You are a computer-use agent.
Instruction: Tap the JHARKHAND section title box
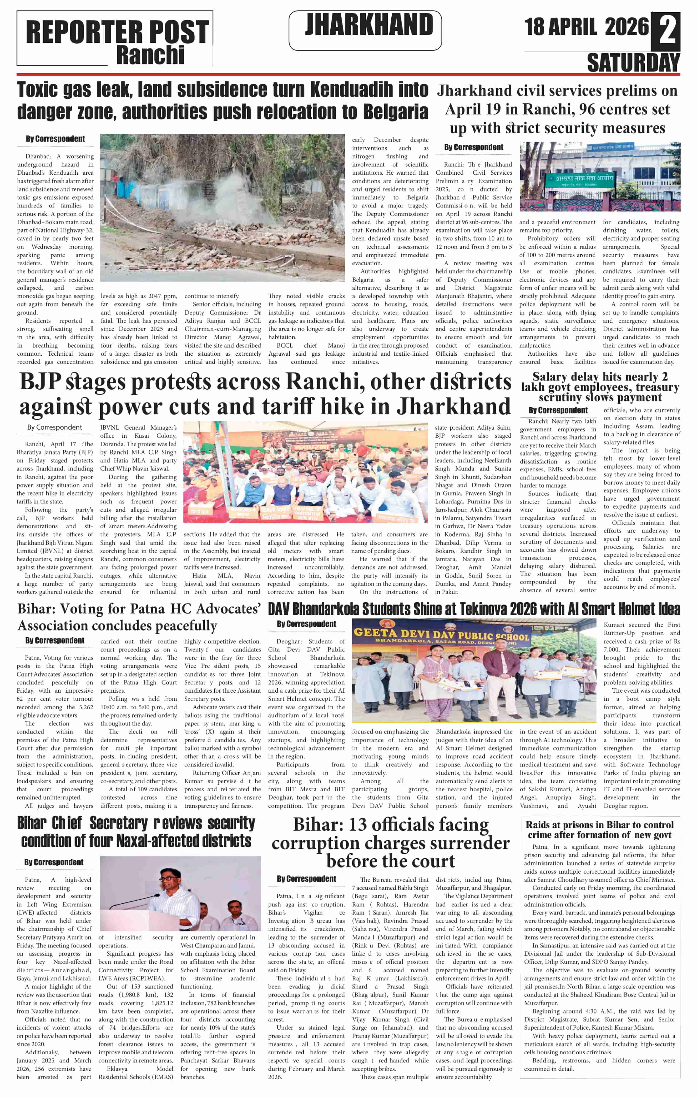pyautogui.click(x=365, y=30)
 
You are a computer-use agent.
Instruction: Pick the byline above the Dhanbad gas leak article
pyautogui.click(x=55, y=139)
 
